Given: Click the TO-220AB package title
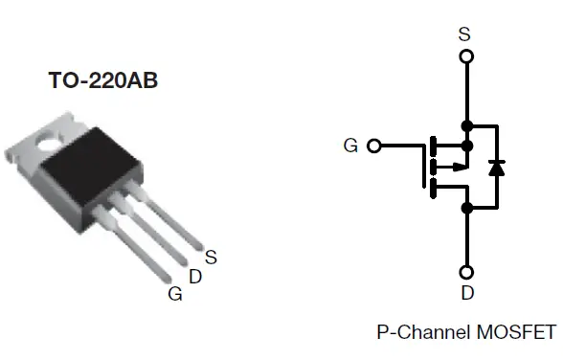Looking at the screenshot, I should [102, 81].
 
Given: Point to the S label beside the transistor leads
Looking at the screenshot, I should [211, 256].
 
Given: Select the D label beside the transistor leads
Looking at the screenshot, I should [195, 277].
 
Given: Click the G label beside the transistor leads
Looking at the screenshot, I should [174, 294].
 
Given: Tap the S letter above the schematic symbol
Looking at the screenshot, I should [465, 34].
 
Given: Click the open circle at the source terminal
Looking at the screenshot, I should [466, 56].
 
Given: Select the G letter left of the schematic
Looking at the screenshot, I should [350, 146].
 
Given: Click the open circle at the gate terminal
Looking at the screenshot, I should [373, 146].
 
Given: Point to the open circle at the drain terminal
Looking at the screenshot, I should [466, 272].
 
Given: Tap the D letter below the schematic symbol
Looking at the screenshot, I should [467, 293].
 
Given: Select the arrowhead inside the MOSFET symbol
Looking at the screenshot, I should [461, 167].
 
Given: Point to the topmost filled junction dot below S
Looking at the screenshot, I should [466, 125].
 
